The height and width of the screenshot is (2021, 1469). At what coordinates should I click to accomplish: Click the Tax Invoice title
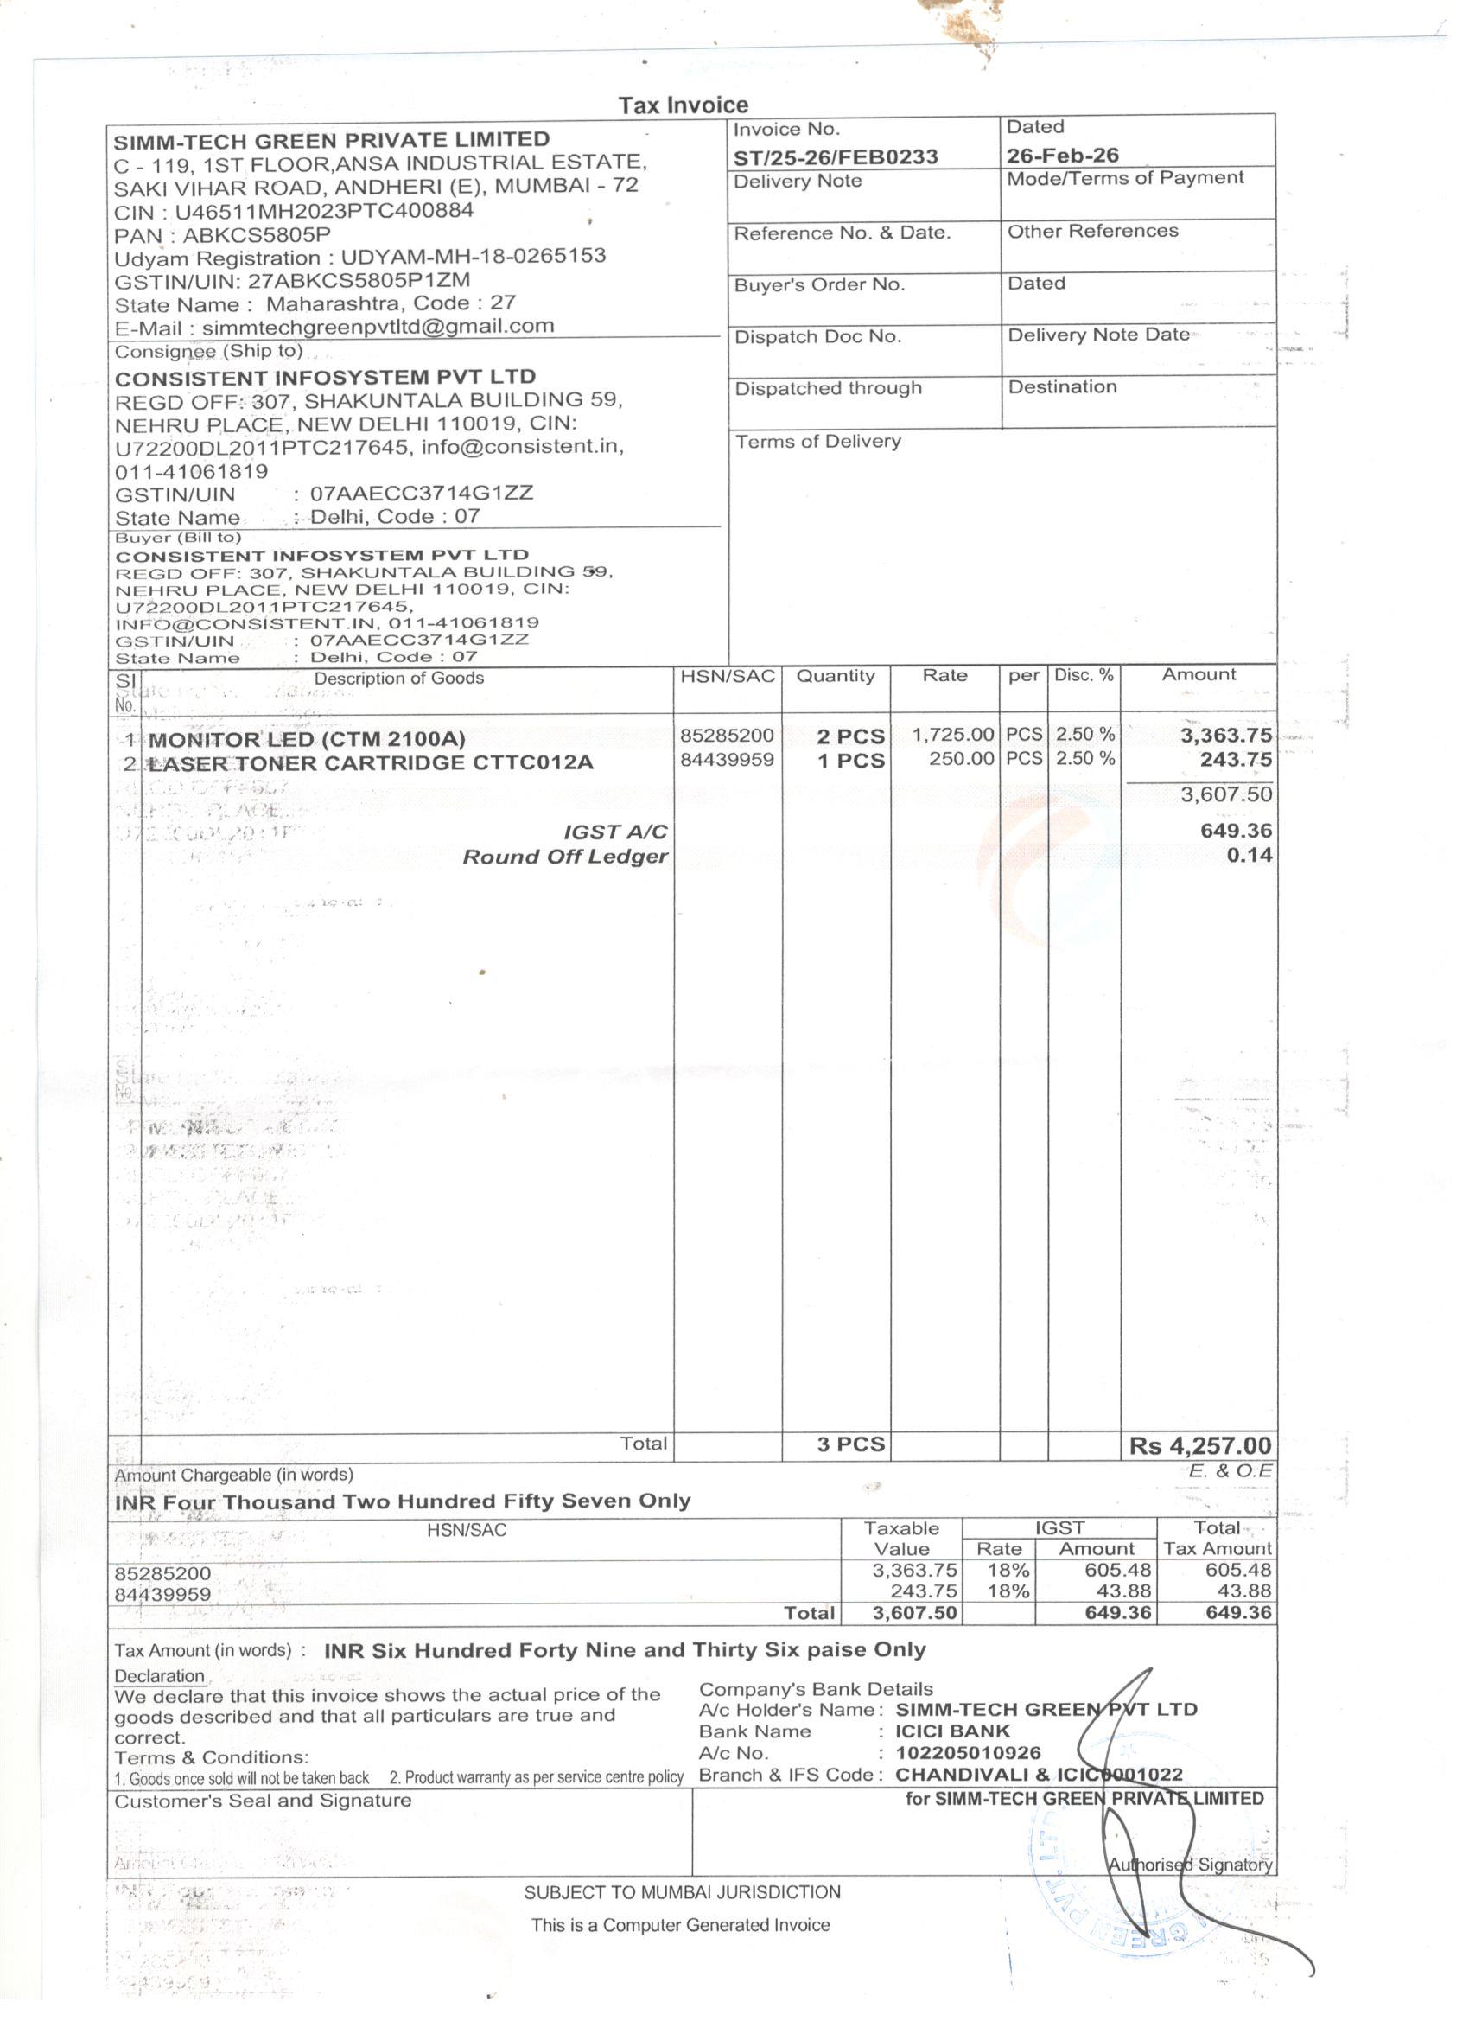tap(684, 105)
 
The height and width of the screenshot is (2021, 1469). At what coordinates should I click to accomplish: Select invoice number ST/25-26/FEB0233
tap(835, 156)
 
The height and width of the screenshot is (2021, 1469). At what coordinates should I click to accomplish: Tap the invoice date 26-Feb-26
tap(1062, 155)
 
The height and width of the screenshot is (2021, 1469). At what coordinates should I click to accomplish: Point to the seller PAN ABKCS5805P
tap(257, 235)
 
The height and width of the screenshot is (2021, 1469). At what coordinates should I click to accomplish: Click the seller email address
tap(378, 326)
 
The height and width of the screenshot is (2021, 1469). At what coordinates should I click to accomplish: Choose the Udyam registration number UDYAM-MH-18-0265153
tap(473, 257)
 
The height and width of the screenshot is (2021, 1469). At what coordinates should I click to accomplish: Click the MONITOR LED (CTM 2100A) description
tap(307, 739)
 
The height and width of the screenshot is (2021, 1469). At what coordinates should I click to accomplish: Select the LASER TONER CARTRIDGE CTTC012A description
tap(370, 762)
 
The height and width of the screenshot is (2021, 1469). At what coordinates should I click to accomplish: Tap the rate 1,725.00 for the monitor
tap(952, 735)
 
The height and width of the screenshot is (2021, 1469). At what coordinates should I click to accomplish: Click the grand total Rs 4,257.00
tap(1200, 1445)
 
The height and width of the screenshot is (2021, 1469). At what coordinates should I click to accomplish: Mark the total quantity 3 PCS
tap(851, 1444)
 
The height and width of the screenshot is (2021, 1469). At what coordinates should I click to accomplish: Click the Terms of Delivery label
tap(817, 442)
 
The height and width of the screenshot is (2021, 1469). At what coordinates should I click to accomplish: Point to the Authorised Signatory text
tap(1189, 1865)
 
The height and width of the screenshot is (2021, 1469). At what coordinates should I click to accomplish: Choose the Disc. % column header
tap(1084, 675)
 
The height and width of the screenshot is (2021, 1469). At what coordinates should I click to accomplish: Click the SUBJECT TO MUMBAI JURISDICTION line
tap(682, 1892)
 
